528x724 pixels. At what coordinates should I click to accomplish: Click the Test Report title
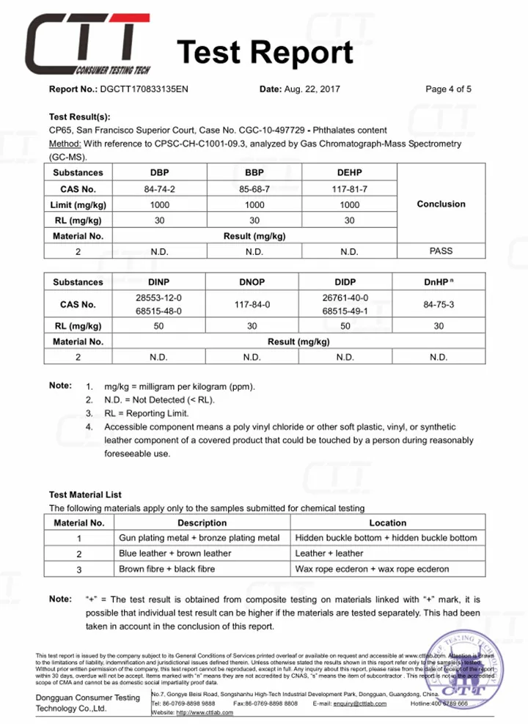[x=265, y=53]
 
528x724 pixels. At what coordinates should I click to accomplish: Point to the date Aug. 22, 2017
[x=313, y=89]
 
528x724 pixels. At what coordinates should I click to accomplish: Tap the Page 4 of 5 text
[x=448, y=89]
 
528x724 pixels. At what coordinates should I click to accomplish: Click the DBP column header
[x=159, y=173]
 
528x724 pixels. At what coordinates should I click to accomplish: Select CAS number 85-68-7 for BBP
[x=254, y=188]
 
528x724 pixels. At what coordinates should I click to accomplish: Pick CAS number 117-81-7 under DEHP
[x=350, y=188]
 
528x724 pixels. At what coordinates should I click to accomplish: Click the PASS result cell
[x=441, y=251]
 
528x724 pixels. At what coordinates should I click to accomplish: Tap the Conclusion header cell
[x=441, y=204]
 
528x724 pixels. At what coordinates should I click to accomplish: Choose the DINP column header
[x=159, y=282]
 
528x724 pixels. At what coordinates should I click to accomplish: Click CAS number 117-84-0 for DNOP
[x=254, y=304]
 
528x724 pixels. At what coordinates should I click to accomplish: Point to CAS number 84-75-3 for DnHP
[x=439, y=304]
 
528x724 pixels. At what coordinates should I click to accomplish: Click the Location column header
[x=387, y=523]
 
